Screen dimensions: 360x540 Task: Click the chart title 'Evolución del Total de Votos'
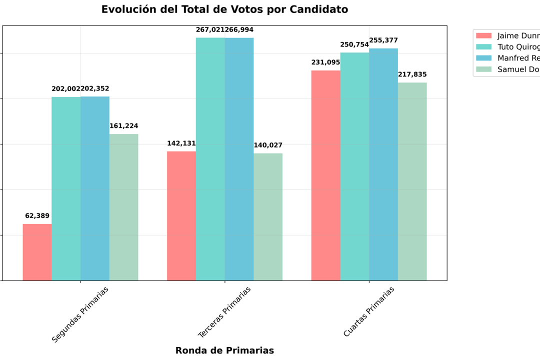pos(224,9)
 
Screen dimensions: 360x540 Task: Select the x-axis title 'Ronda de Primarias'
pos(224,350)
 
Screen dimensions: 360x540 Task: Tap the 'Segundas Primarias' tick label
pos(80,314)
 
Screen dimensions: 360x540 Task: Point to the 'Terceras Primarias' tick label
pos(224,312)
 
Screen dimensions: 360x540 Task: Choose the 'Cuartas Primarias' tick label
pos(369,311)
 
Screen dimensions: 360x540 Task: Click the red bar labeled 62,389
pos(37,252)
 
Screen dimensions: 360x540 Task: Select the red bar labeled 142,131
pos(181,215)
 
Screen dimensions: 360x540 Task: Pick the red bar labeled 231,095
pos(325,175)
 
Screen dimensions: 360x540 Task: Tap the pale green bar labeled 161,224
pos(124,207)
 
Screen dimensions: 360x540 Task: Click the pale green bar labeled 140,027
pos(268,216)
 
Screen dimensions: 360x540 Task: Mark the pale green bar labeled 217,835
pos(412,181)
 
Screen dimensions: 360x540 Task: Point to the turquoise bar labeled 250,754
pos(354,166)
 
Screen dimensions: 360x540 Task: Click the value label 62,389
pos(37,216)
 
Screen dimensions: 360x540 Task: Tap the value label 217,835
pos(412,74)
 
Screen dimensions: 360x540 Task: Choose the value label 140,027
pos(268,145)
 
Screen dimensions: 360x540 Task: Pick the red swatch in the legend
pos(483,35)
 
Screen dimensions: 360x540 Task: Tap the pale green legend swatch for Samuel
pos(483,69)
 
